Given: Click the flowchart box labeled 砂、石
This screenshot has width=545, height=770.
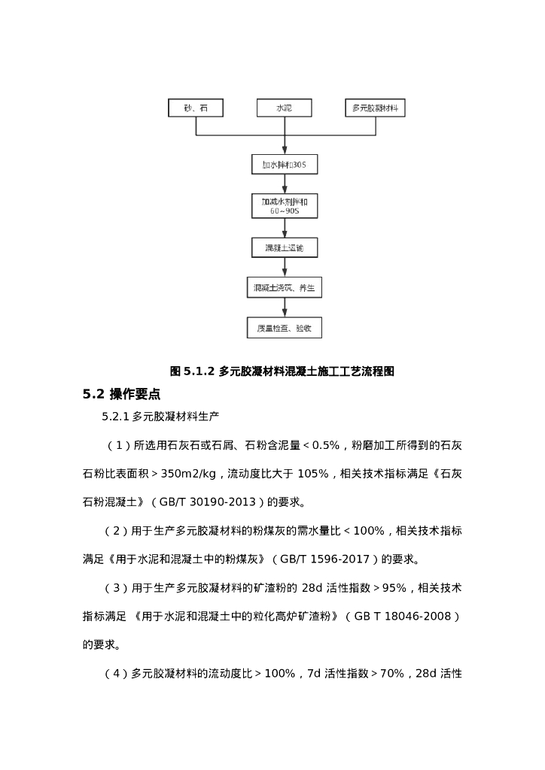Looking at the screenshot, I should [x=196, y=108].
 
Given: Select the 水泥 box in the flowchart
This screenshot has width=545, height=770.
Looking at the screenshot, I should [x=284, y=108].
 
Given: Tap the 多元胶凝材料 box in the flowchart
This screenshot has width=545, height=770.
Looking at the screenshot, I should [x=375, y=108].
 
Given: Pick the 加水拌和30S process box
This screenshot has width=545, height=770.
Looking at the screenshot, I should [x=284, y=164].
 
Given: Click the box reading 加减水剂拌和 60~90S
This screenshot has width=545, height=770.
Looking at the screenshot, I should [x=284, y=206].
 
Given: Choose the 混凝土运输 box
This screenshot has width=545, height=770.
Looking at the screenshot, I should [x=284, y=247].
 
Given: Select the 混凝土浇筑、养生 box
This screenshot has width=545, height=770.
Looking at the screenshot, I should [x=284, y=288].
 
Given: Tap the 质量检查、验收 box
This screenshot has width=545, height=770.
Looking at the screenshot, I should [x=284, y=329].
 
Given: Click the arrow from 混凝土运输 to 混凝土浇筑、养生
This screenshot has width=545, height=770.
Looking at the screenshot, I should [x=284, y=268].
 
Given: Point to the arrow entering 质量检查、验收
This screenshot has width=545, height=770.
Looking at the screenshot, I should [x=284, y=308].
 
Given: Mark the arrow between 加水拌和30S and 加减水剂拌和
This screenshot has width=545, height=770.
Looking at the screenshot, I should [x=284, y=184].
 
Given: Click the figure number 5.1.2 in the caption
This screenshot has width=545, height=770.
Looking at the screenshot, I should [x=199, y=371].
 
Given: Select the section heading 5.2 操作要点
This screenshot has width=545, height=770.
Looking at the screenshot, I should [x=121, y=394].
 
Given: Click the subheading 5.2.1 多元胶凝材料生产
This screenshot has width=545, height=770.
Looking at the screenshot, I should [x=160, y=415].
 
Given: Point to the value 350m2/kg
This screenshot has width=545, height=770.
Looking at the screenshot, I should [x=186, y=474].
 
